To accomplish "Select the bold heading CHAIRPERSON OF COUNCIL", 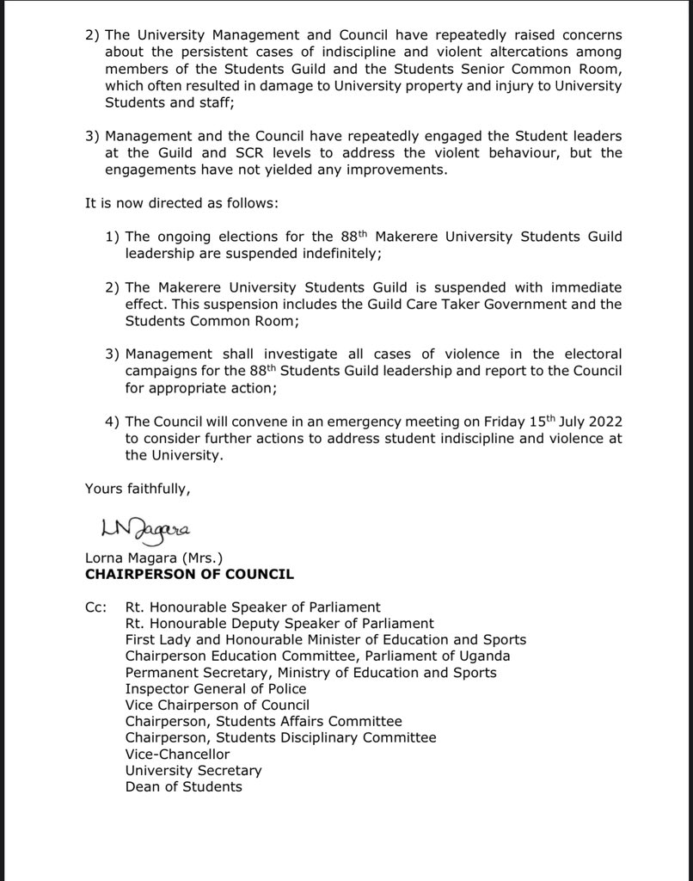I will click(x=189, y=574).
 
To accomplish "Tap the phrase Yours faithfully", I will click(x=137, y=489).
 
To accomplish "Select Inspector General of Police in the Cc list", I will click(x=215, y=689).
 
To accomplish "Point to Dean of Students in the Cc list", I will click(x=183, y=786).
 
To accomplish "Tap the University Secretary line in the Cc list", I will click(x=193, y=771).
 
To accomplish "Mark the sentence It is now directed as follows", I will click(x=182, y=203).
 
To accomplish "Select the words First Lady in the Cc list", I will click(x=156, y=640).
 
